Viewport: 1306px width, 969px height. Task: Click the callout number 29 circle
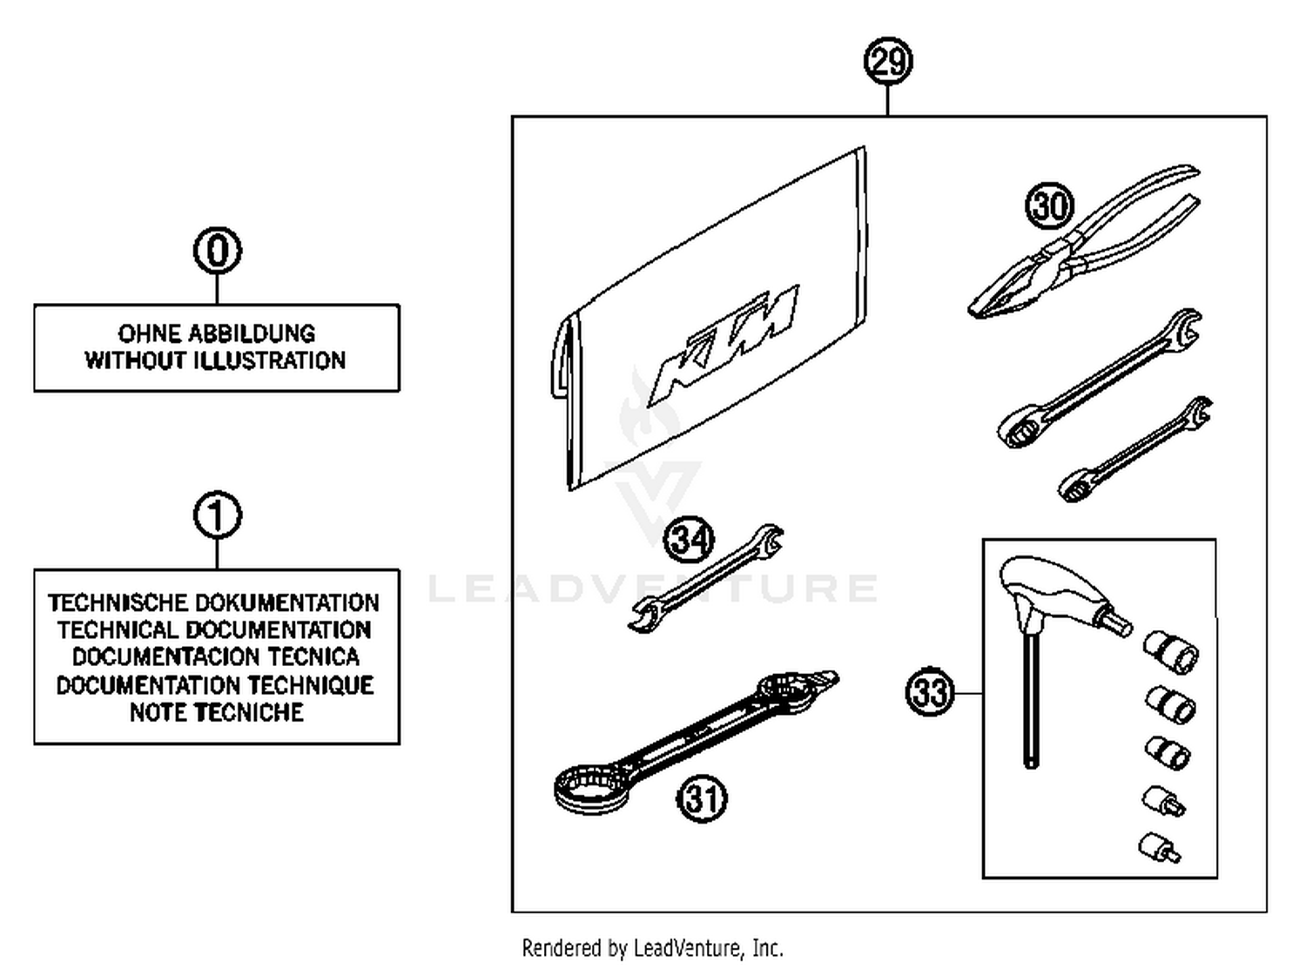tap(887, 62)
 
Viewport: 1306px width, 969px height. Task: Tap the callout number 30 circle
tap(1049, 206)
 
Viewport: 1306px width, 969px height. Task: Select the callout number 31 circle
tap(702, 797)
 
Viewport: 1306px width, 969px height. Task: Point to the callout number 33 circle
tap(930, 693)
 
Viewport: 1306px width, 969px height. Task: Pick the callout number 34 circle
tap(689, 539)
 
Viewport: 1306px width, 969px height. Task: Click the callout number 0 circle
tap(217, 251)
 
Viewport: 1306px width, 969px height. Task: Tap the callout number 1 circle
tap(217, 515)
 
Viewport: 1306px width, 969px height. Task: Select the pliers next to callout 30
tap(1088, 248)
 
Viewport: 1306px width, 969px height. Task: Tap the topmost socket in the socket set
tap(1170, 651)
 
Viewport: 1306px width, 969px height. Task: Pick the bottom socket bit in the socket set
tap(1158, 847)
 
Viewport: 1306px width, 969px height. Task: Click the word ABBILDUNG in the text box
tap(252, 333)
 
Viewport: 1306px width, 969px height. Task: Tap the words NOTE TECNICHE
tap(217, 712)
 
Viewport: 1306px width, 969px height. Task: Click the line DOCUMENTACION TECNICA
tap(216, 657)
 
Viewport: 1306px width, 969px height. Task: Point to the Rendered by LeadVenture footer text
tap(652, 948)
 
